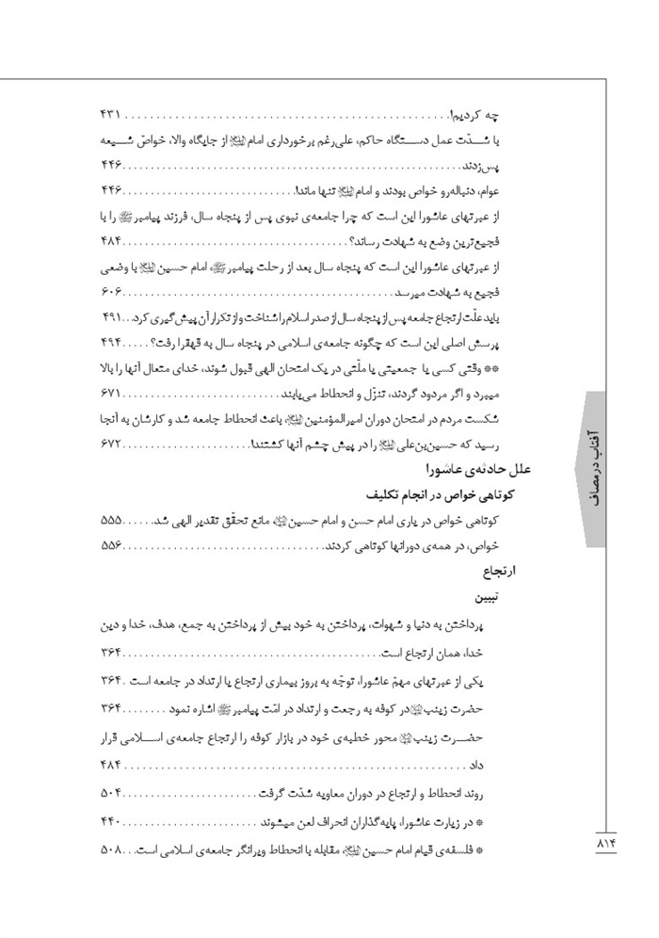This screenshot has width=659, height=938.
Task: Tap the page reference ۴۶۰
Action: [111, 191]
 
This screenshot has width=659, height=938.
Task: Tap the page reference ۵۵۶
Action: [111, 546]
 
